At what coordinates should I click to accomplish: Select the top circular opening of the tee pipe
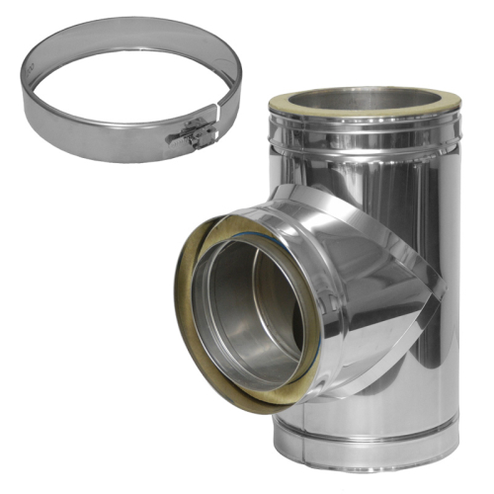(364, 100)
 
